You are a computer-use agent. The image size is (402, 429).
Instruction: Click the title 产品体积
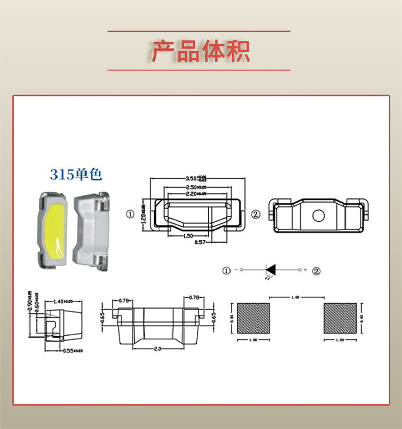(x=200, y=50)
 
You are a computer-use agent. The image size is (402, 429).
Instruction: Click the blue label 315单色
(x=76, y=175)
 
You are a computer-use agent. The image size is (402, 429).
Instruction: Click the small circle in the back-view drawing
(x=319, y=216)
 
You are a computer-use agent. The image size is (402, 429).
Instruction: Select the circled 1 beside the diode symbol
(x=226, y=271)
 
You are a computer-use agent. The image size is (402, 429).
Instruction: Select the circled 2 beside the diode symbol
(x=317, y=271)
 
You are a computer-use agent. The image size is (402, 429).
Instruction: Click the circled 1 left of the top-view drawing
(x=131, y=214)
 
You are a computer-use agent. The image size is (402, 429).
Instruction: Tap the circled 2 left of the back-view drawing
(x=255, y=214)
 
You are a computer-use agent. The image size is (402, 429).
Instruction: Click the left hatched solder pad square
(x=253, y=318)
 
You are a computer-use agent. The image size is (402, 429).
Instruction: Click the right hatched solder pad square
(x=339, y=318)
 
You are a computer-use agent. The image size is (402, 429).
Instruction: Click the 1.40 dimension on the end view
(x=62, y=302)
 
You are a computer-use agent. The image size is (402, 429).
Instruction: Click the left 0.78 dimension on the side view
(x=124, y=301)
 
